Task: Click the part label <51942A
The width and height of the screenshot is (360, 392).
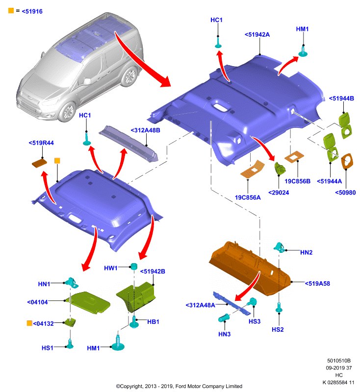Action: coord(257,35)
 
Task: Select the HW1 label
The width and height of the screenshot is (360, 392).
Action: coord(110,268)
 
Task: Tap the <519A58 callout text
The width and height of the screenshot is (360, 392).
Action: coord(317,284)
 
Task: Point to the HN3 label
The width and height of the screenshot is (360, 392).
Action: coord(225,334)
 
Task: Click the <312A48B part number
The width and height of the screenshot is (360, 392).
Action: coord(145,130)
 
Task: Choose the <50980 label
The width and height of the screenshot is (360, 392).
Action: coord(345,193)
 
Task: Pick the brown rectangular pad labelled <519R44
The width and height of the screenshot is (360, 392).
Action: coord(40,163)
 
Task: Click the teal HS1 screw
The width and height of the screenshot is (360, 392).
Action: coord(70,344)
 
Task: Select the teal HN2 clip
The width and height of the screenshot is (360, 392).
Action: coord(279,247)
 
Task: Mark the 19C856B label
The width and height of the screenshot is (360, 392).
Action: coord(297,181)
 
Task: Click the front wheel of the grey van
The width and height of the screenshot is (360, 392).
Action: coord(67,112)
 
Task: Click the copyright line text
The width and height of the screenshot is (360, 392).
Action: coord(179,386)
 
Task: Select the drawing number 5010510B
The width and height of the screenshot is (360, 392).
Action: coord(339,361)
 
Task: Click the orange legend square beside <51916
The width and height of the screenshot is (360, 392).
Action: coord(11,10)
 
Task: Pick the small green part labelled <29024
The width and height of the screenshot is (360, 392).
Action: coord(280,168)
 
